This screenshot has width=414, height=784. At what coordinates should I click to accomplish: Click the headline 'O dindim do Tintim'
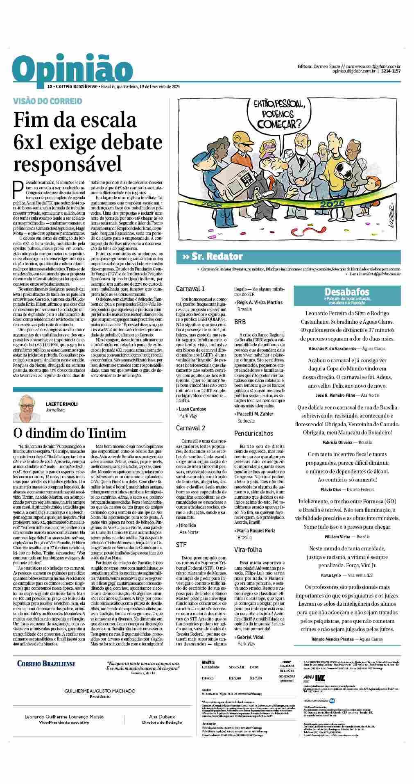(70, 433)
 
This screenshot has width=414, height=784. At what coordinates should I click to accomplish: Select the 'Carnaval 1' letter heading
(190, 289)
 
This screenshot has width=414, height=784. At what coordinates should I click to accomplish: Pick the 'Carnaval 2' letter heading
(190, 428)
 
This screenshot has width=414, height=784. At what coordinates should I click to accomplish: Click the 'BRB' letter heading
(240, 322)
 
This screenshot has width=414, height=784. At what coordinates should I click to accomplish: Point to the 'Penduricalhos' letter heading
(253, 433)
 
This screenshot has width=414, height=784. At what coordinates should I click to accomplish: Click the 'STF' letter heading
(181, 545)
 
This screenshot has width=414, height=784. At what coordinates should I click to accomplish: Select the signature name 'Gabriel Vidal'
(251, 637)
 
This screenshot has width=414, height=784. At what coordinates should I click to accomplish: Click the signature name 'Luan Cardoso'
(193, 409)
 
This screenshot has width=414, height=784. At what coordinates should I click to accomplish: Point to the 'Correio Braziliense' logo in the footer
(46, 664)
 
